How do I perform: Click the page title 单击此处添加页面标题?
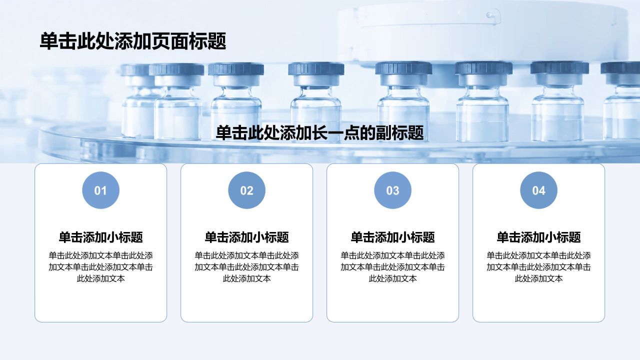click(133, 41)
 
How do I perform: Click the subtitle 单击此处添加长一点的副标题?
click(319, 133)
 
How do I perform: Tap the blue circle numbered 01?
click(100, 190)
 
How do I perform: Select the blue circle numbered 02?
click(246, 190)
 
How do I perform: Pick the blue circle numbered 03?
click(392, 190)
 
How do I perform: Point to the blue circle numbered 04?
click(538, 190)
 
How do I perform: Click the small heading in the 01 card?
click(100, 237)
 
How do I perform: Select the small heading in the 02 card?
click(246, 237)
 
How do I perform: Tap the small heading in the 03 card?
click(392, 237)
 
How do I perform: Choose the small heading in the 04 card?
click(538, 237)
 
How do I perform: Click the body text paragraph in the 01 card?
click(100, 267)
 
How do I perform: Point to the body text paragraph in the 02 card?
click(246, 267)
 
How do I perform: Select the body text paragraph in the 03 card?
click(392, 267)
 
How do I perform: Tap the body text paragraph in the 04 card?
click(538, 267)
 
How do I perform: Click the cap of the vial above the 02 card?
click(236, 69)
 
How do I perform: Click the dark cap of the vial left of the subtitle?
click(176, 69)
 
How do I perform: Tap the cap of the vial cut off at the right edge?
click(620, 68)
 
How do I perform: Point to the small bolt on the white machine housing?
click(489, 14)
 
